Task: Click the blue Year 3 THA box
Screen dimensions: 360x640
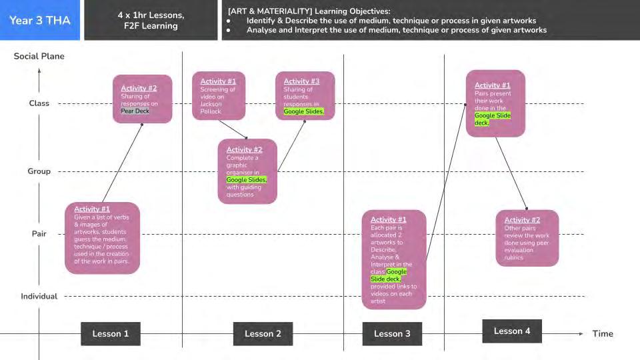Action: [39, 20]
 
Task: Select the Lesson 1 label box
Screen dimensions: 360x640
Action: [111, 333]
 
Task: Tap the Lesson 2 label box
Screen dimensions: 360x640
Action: [263, 333]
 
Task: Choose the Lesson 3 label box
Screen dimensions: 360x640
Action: [392, 333]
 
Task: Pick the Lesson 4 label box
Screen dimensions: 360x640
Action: [512, 331]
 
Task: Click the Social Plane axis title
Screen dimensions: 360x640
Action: [39, 56]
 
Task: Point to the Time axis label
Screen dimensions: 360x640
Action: [603, 333]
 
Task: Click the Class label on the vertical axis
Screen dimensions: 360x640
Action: [39, 103]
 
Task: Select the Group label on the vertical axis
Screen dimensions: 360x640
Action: [39, 171]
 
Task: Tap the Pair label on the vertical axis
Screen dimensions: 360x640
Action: [39, 234]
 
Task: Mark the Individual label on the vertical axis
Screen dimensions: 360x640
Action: [39, 296]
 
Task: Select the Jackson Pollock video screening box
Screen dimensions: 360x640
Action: [219, 96]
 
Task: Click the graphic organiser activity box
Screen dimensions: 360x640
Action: [247, 171]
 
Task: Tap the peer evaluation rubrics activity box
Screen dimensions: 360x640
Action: [527, 238]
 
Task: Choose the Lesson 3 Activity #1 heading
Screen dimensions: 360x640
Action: [389, 219]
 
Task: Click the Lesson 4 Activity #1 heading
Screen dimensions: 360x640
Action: [493, 85]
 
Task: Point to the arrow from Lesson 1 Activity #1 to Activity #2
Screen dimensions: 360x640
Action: [122, 163]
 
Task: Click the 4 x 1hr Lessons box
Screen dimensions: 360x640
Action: [151, 20]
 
